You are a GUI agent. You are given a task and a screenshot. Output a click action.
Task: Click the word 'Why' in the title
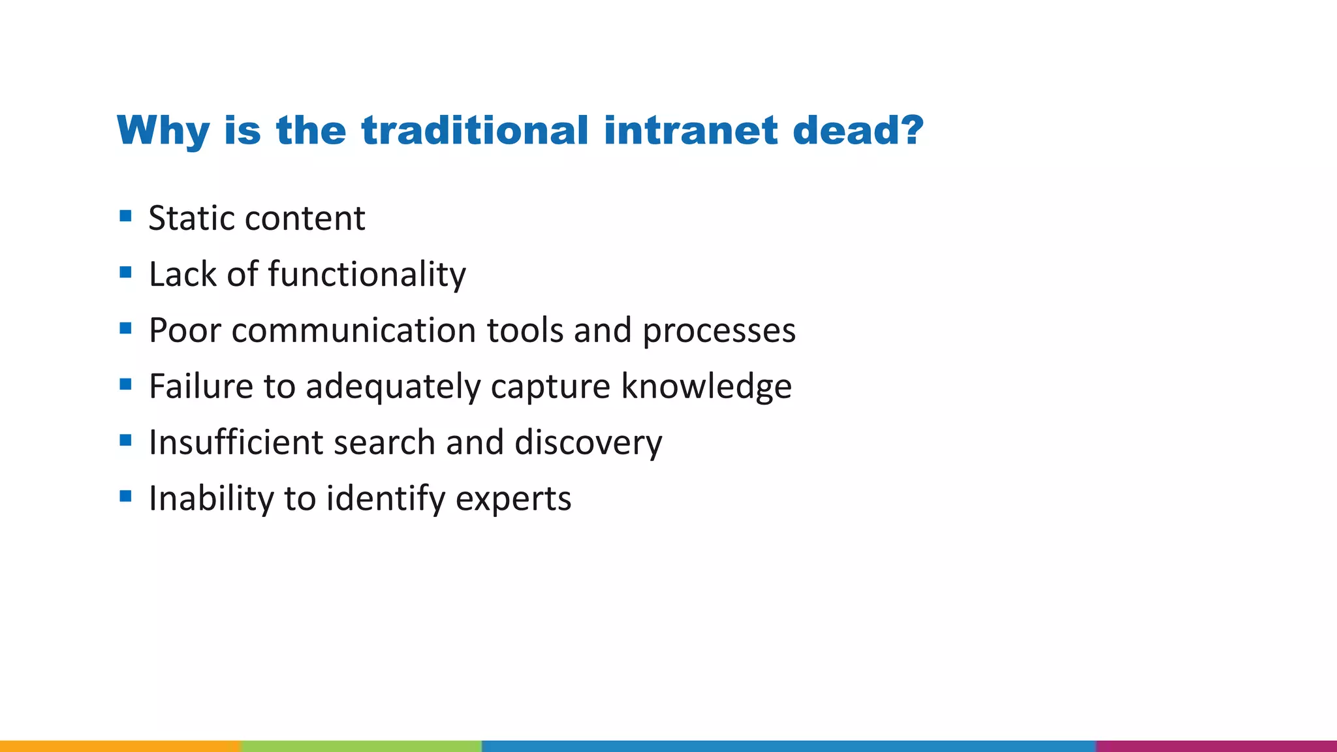(x=163, y=131)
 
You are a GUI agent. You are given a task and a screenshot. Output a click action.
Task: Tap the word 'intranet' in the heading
(x=691, y=131)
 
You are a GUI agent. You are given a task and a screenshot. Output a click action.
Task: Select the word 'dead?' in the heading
(x=858, y=131)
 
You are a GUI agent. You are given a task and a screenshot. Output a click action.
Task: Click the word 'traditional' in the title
(x=475, y=131)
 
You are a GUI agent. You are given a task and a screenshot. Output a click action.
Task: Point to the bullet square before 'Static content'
(x=126, y=215)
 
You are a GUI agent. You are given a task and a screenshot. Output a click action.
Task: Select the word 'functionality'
(x=367, y=274)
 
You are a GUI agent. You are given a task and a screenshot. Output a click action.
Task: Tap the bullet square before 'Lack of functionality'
(x=126, y=272)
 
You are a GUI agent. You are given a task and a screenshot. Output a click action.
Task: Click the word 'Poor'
(x=185, y=330)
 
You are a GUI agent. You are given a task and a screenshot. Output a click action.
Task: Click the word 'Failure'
(x=200, y=386)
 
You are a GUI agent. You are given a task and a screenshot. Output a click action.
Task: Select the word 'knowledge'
(x=706, y=386)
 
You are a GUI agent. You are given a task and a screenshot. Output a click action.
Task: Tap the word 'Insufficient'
(x=235, y=443)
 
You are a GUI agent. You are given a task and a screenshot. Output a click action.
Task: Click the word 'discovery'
(x=588, y=443)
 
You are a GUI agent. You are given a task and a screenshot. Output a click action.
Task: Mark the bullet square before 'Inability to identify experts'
(x=126, y=496)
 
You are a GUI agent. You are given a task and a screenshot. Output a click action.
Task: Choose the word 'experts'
(x=513, y=499)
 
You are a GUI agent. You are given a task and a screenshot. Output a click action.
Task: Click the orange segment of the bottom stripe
(x=120, y=745)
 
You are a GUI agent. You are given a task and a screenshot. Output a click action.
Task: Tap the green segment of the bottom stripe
(x=361, y=745)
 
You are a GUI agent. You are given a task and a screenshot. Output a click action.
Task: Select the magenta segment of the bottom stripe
(x=1216, y=745)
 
